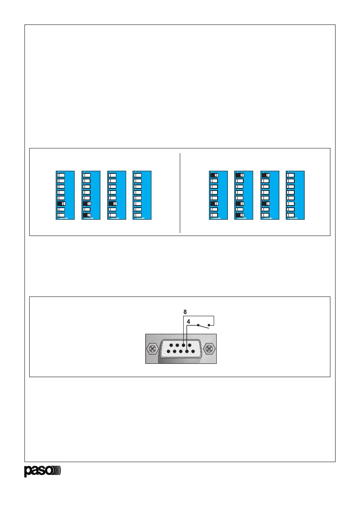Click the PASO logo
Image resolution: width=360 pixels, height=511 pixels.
42,471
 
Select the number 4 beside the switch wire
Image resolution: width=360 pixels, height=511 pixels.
189,321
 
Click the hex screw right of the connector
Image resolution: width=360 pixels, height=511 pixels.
209,348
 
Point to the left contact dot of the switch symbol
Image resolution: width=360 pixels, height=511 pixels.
198,325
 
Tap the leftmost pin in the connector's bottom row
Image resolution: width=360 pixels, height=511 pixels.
168,352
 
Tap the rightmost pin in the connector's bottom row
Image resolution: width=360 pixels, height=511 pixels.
194,352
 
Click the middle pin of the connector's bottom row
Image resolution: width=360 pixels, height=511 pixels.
181,352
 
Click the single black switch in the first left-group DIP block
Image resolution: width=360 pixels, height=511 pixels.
61,203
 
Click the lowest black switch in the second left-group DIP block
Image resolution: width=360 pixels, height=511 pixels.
87,215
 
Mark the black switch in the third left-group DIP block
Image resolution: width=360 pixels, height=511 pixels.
112,203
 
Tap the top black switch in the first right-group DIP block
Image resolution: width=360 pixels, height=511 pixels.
214,175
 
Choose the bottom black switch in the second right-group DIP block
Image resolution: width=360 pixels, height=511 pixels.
239,215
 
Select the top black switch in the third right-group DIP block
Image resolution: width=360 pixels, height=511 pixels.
265,175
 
